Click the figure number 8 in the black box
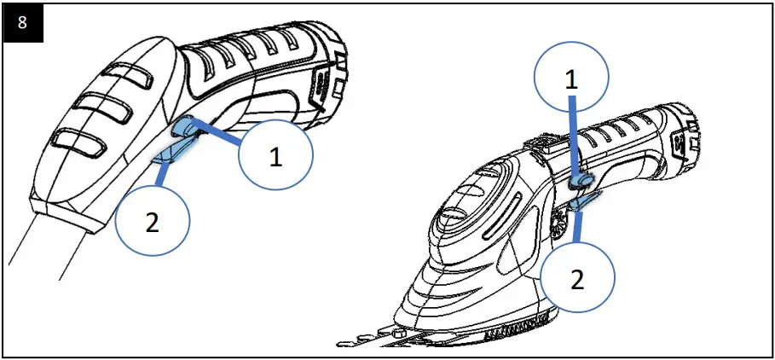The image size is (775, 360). (22, 23)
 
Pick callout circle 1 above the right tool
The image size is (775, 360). (571, 78)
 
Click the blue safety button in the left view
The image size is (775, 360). (186, 127)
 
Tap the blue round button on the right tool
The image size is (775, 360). (581, 180)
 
